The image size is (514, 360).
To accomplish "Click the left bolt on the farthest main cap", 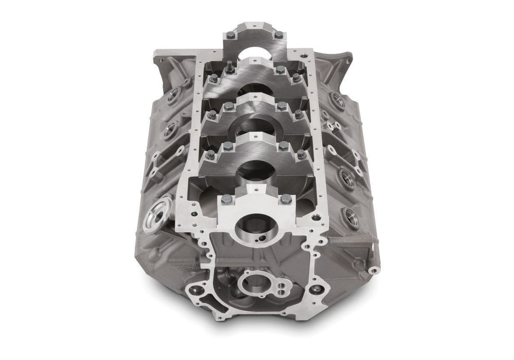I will (230, 35).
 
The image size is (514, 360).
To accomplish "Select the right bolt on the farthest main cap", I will (278, 35).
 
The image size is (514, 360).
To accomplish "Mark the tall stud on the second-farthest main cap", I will (227, 64).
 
